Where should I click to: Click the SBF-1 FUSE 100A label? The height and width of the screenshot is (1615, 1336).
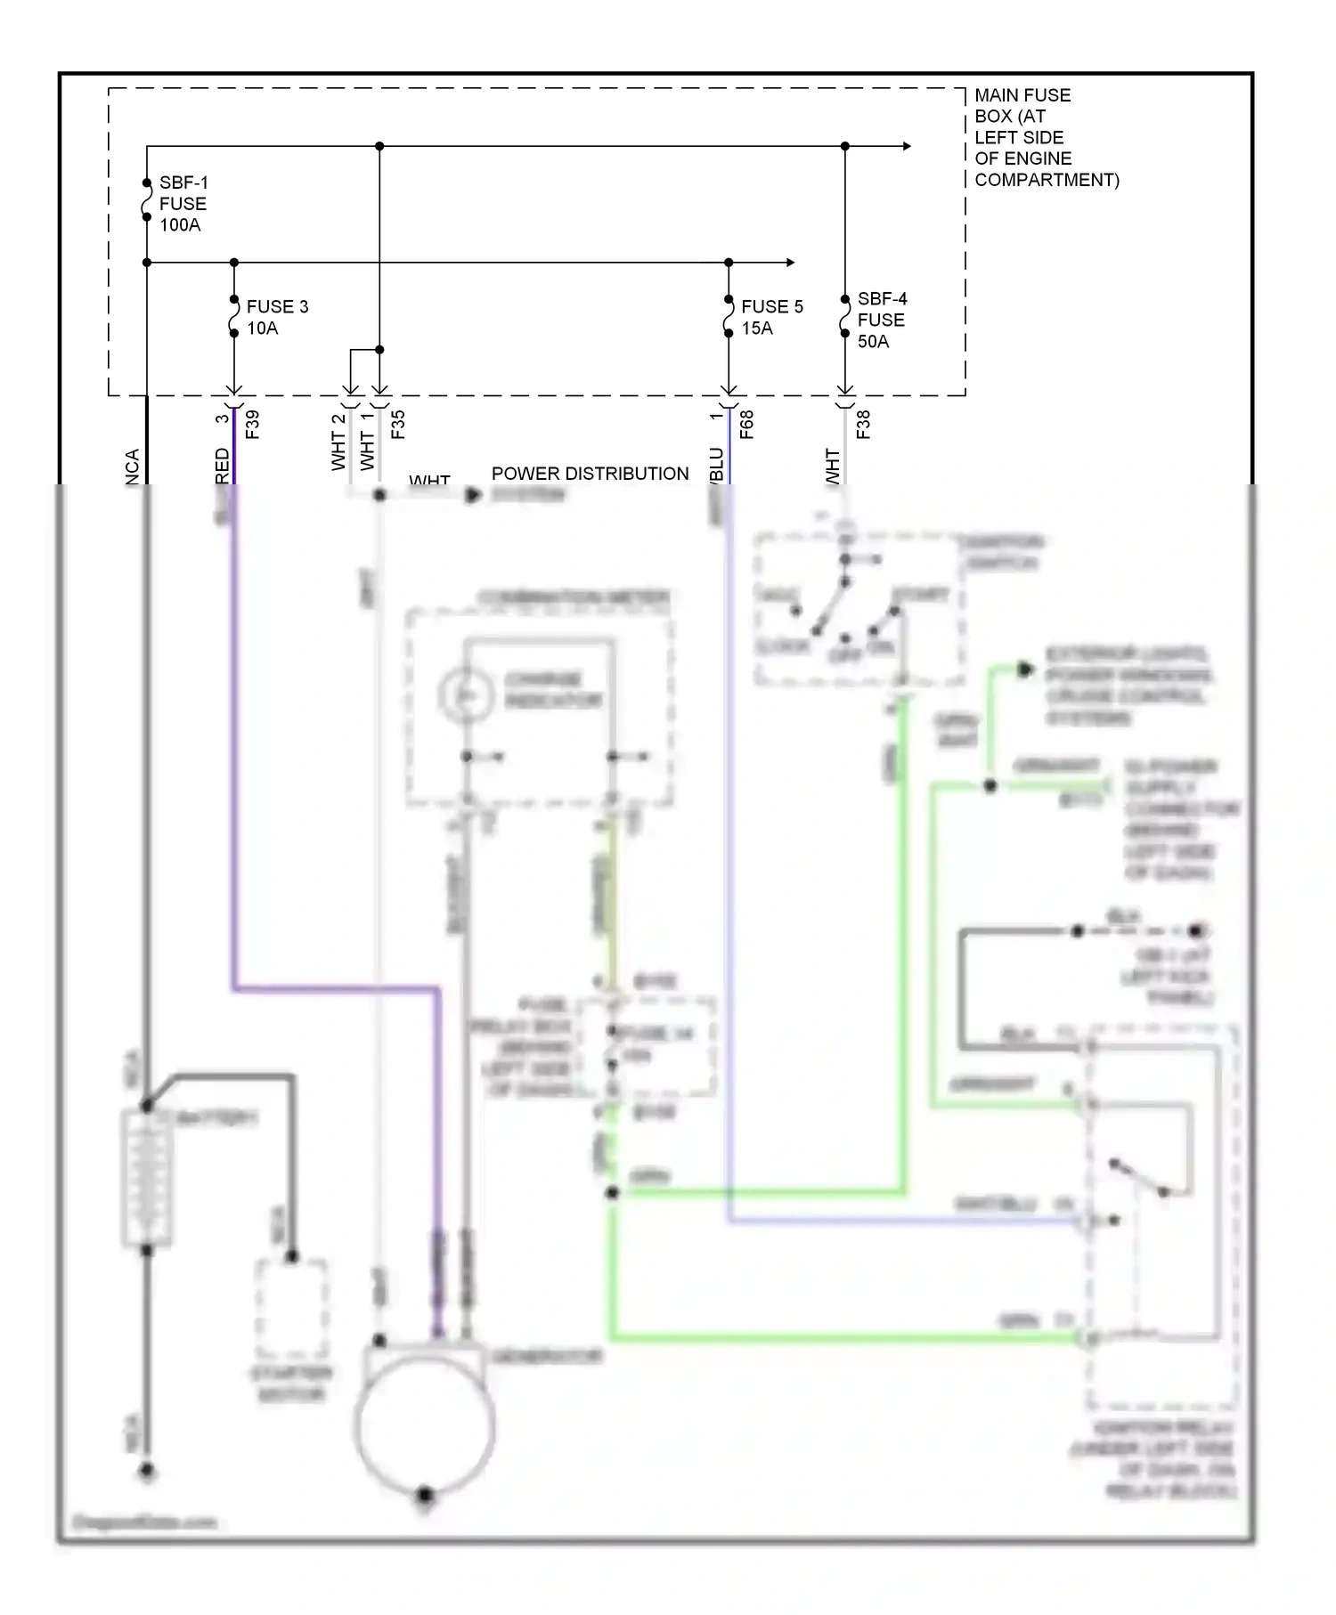(183, 204)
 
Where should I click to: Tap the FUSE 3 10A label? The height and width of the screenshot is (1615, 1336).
(276, 317)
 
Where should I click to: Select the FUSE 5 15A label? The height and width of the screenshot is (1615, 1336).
(771, 317)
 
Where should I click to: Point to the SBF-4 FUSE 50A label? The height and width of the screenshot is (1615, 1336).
(882, 320)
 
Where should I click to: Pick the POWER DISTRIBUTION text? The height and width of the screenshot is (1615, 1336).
(590, 474)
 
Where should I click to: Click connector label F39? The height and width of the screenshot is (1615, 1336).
(253, 424)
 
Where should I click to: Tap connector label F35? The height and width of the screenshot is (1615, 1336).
(398, 424)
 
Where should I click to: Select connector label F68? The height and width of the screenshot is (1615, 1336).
(746, 424)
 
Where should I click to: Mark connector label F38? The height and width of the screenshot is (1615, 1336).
(862, 424)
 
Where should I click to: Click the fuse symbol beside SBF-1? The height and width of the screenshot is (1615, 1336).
(147, 204)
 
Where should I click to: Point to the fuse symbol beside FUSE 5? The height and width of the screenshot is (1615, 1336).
(729, 317)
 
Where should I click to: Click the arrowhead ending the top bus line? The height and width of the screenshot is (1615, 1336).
(906, 146)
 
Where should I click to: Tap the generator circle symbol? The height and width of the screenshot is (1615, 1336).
(425, 1427)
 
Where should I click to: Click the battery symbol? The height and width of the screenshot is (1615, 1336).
(147, 1177)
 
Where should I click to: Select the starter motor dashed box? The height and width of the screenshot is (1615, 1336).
(291, 1307)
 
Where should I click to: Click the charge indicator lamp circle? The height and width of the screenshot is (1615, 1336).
(465, 694)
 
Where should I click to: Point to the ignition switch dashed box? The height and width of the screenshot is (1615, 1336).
(859, 610)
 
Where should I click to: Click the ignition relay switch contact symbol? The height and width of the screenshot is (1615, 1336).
(1140, 1177)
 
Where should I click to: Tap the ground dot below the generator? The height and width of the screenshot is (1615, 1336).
(425, 1494)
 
